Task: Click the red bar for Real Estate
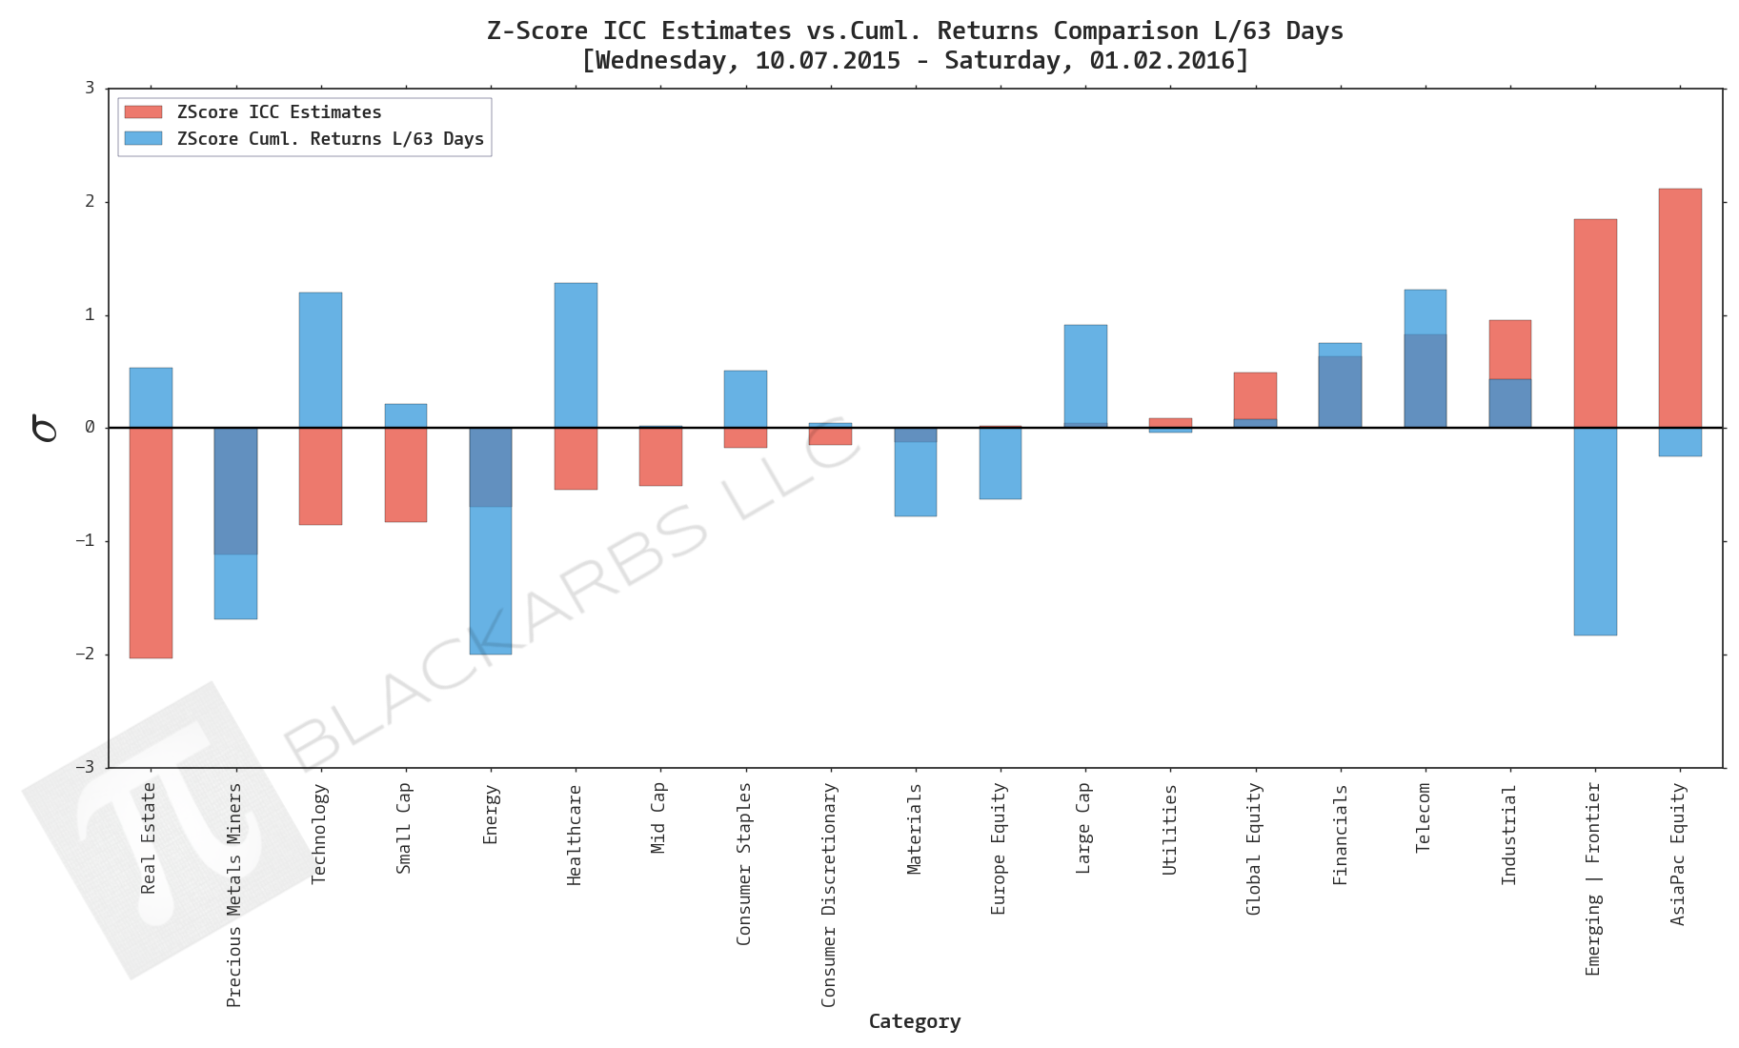pyautogui.click(x=151, y=543)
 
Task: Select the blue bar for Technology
pyautogui.click(x=320, y=360)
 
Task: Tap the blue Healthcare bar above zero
pyautogui.click(x=576, y=354)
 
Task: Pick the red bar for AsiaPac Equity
pyautogui.click(x=1679, y=308)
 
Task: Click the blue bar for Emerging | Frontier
pyautogui.click(x=1594, y=531)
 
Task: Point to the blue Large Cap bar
pyautogui.click(x=1085, y=375)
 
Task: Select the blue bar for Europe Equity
pyautogui.click(x=1000, y=463)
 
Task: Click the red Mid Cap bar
pyautogui.click(x=660, y=456)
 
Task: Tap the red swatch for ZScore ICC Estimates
pyautogui.click(x=143, y=112)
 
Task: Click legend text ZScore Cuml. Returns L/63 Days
pyautogui.click(x=330, y=139)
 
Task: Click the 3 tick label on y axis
pyautogui.click(x=91, y=89)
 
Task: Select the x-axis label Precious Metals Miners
pyautogui.click(x=234, y=895)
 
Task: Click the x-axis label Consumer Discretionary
pyautogui.click(x=829, y=895)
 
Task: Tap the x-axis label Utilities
pyautogui.click(x=1170, y=830)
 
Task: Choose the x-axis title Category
pyautogui.click(x=914, y=1021)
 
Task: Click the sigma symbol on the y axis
pyautogui.click(x=44, y=428)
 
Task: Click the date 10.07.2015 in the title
pyautogui.click(x=827, y=61)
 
